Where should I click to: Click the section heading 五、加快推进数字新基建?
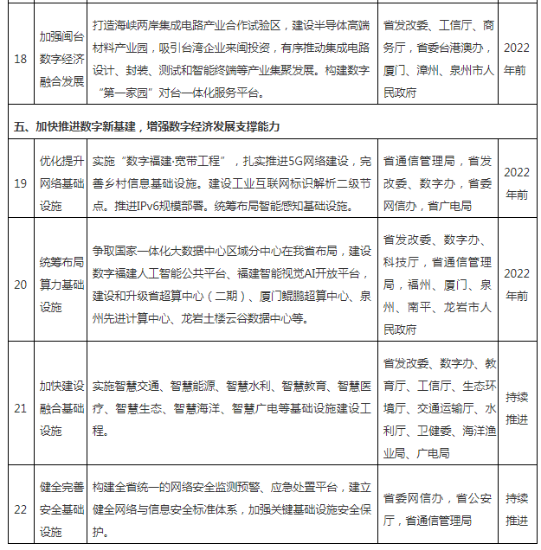click(x=147, y=127)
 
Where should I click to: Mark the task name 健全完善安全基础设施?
click(x=61, y=509)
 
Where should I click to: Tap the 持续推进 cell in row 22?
click(x=516, y=509)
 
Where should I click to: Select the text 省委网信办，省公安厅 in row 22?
click(x=437, y=498)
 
